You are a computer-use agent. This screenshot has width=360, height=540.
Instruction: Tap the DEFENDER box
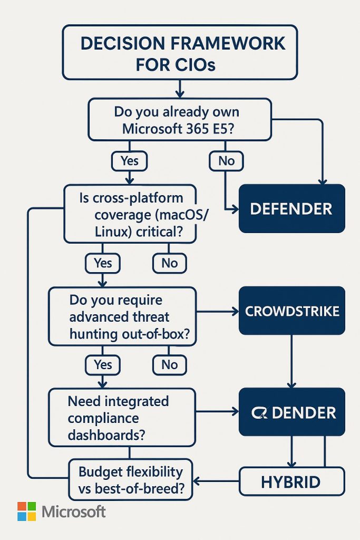click(x=291, y=208)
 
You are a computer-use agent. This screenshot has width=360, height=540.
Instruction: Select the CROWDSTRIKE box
click(x=291, y=311)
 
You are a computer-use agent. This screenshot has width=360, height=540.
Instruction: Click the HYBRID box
click(x=291, y=481)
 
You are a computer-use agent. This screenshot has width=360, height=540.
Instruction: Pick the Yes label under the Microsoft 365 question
click(x=130, y=161)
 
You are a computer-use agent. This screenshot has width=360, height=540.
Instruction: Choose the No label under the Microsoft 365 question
click(x=226, y=161)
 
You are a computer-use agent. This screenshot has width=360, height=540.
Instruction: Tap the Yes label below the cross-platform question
click(x=103, y=263)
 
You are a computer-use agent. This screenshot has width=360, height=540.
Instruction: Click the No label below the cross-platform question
click(x=169, y=263)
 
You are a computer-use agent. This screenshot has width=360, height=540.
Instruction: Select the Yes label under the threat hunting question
click(x=103, y=364)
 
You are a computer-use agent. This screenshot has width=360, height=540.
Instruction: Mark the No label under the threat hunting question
click(x=169, y=364)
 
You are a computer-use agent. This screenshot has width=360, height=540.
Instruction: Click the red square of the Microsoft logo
click(x=22, y=506)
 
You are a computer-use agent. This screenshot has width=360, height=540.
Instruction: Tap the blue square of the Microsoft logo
click(x=22, y=516)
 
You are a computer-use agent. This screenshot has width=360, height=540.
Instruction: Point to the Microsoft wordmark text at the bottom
click(x=74, y=512)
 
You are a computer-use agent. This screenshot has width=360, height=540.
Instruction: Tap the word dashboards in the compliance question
click(x=106, y=436)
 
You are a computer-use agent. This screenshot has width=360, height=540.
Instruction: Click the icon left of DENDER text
click(x=259, y=412)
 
